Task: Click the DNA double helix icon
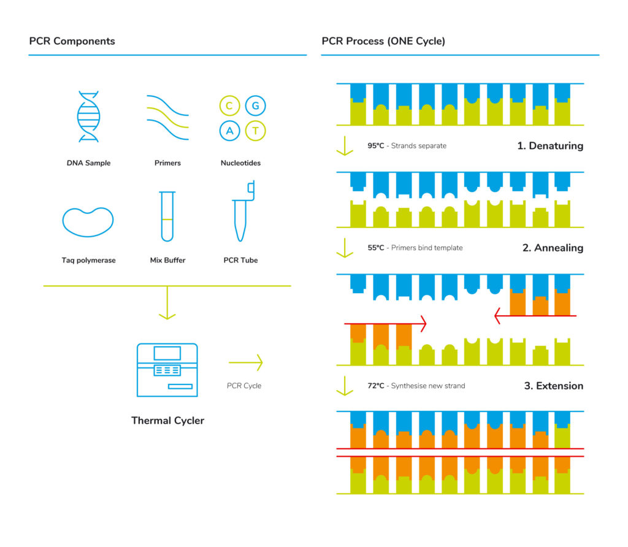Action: pyautogui.click(x=88, y=117)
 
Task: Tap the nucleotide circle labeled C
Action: pyautogui.click(x=229, y=106)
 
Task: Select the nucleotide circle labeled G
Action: pyautogui.click(x=255, y=106)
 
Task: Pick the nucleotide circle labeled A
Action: pyautogui.click(x=229, y=130)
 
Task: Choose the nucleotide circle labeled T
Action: pyautogui.click(x=255, y=130)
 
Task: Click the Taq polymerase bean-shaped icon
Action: pyautogui.click(x=88, y=222)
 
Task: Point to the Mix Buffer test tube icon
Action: pyautogui.click(x=167, y=216)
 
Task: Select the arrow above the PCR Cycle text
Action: pyautogui.click(x=245, y=362)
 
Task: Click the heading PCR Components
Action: pyautogui.click(x=72, y=42)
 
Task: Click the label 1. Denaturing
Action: pyautogui.click(x=549, y=147)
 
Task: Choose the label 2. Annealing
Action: pyautogui.click(x=553, y=248)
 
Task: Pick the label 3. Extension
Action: pyautogui.click(x=553, y=386)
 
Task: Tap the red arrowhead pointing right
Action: pyautogui.click(x=422, y=323)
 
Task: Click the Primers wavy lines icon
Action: pyautogui.click(x=167, y=117)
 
